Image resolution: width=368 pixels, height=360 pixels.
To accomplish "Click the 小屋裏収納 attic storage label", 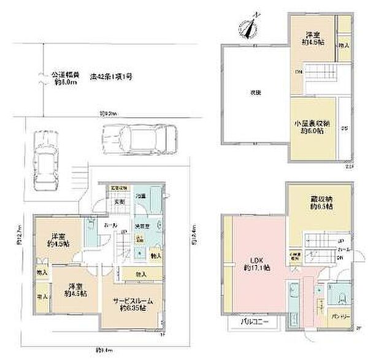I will pos(312,124).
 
